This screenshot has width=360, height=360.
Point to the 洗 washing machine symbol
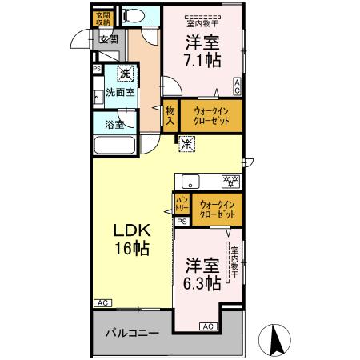125,74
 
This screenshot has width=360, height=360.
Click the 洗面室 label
120,93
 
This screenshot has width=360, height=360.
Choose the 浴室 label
114,124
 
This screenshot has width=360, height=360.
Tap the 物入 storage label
170,117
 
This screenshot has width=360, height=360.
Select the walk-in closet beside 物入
210,117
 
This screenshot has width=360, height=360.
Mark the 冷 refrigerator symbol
186,145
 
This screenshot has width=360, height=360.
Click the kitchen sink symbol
191,180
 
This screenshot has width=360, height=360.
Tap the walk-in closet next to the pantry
218,210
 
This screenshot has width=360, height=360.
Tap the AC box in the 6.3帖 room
207,326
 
